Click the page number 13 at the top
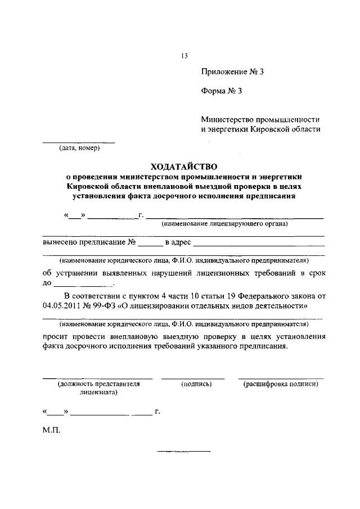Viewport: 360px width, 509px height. [x=184, y=55]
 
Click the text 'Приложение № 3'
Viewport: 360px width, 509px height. [x=232, y=72]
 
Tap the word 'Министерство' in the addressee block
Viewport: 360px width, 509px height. [x=227, y=119]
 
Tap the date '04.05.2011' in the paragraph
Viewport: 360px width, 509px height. [x=62, y=307]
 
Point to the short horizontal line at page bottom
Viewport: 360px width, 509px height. [x=183, y=451]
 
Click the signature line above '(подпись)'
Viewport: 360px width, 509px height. [x=193, y=377]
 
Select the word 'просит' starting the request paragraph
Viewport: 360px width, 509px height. [x=55, y=336]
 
